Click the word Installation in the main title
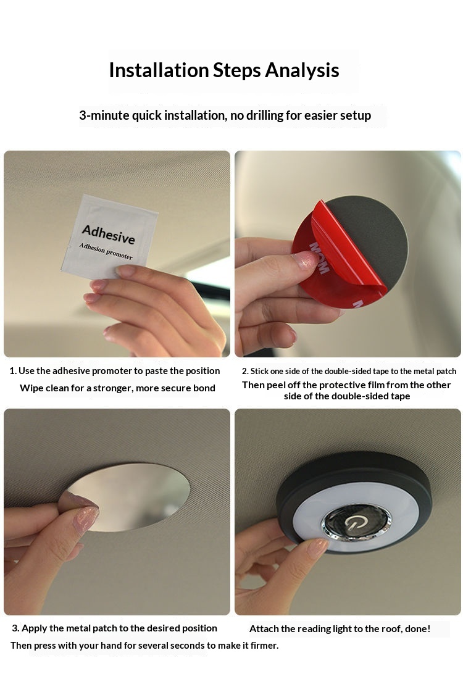coord(159,70)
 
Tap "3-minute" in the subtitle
coord(104,115)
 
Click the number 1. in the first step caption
coord(13,371)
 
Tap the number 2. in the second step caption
coord(245,372)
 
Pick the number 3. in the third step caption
coord(16,628)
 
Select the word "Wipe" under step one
coord(31,388)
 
